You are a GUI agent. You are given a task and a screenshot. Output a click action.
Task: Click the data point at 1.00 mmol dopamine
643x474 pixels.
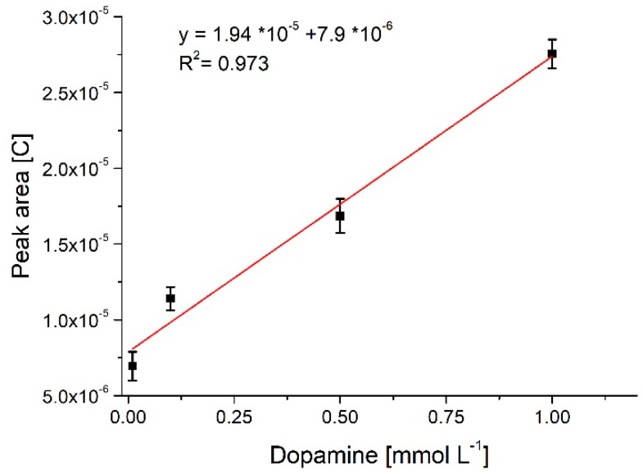pos(552,53)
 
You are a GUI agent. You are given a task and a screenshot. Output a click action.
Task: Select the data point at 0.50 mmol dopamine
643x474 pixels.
pos(340,216)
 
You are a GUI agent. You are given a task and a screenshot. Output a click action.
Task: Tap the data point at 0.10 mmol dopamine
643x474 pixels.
pos(170,298)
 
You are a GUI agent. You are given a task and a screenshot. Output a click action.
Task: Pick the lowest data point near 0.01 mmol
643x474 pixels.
pos(132,366)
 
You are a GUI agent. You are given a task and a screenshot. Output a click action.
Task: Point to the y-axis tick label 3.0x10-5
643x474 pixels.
pos(79,17)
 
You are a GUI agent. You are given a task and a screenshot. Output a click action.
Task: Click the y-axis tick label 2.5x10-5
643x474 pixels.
pos(79,93)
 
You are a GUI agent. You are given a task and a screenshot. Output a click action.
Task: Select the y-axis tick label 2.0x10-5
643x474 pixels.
pos(79,168)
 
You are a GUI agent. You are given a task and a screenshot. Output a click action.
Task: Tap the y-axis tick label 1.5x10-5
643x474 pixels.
pos(79,244)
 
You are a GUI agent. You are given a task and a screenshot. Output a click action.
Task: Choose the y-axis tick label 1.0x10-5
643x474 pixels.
pos(79,320)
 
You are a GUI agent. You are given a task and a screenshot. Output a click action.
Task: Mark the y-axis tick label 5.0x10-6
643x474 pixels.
pos(79,395)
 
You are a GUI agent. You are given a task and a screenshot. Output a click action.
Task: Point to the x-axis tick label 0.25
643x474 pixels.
pos(234,417)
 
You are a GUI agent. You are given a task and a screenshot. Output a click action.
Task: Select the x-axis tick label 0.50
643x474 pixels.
pos(340,417)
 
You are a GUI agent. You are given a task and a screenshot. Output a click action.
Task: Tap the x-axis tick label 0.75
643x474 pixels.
pos(446,417)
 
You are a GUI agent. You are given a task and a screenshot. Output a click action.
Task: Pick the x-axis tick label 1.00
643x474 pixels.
pos(552,417)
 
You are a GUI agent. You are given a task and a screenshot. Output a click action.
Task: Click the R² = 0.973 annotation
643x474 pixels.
pos(224,62)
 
